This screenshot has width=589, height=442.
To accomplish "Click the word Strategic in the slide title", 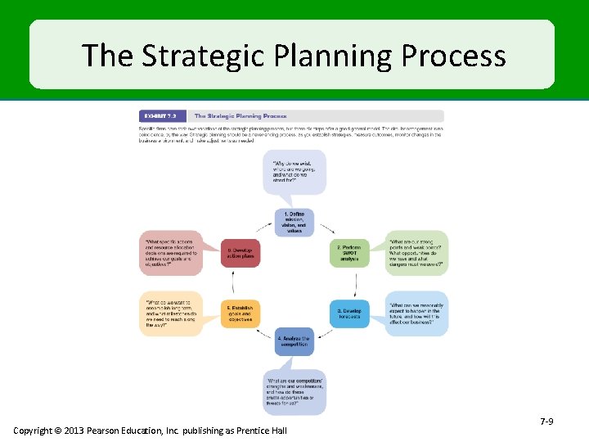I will (211, 56).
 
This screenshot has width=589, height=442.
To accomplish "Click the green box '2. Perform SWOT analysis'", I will (349, 253).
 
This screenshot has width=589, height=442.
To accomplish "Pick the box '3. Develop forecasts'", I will (349, 314).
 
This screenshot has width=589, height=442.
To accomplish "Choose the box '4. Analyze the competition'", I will (294, 341).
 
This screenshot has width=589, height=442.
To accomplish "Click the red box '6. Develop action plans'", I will (240, 253).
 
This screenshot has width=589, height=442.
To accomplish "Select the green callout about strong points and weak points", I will (417, 252).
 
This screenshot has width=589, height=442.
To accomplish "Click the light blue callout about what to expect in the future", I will (417, 313).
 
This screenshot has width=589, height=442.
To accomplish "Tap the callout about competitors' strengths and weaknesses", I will (294, 391).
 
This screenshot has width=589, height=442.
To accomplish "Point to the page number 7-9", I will (546, 421).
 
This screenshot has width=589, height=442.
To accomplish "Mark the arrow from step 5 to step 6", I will (234, 283).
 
